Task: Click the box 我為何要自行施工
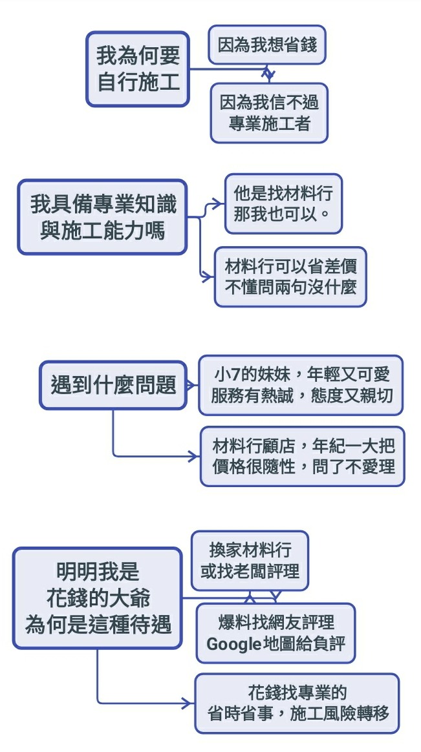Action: (x=138, y=69)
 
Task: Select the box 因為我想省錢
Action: (x=266, y=45)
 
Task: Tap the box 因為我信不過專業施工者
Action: (x=269, y=112)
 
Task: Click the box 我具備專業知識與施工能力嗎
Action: (x=102, y=216)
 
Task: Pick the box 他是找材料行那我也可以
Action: (x=283, y=203)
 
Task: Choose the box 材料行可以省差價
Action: (x=290, y=276)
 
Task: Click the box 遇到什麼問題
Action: (x=113, y=385)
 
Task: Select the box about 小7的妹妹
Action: (x=300, y=384)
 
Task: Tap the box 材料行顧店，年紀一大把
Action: (x=302, y=455)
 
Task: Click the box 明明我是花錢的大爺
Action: (x=98, y=598)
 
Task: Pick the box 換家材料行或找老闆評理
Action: (x=250, y=560)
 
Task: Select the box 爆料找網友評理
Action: (x=275, y=633)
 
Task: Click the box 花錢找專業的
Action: (x=297, y=703)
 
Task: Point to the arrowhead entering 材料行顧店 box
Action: (x=194, y=456)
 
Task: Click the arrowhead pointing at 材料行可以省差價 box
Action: (x=208, y=277)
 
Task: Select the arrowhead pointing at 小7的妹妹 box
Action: (x=192, y=386)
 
